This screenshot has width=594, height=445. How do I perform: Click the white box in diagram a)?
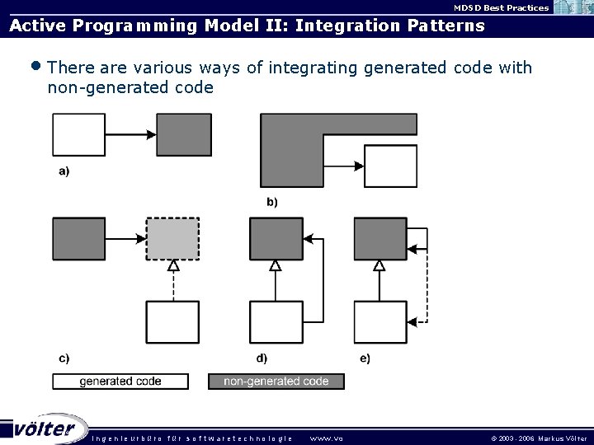coord(79,135)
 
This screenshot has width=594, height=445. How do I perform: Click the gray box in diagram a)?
coord(184,135)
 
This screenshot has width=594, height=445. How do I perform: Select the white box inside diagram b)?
coord(390,166)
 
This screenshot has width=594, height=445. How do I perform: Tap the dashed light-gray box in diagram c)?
coord(172,239)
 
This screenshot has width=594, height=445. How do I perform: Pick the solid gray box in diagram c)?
coord(79,239)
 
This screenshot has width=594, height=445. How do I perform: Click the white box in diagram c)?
coord(172,322)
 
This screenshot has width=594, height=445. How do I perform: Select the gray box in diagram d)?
coord(276,239)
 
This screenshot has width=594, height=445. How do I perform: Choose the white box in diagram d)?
coord(276,322)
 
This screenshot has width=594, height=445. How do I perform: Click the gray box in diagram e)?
coord(380,239)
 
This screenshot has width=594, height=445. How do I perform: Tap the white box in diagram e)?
coord(380,322)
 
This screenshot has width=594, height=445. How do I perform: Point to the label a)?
coord(64,171)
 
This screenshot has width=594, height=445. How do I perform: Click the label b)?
coord(271,201)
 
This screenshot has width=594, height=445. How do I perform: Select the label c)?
coord(64,358)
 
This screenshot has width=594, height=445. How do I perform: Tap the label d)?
coord(262,358)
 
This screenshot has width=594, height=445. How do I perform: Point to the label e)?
coord(365,358)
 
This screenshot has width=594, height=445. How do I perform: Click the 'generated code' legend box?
coord(120,382)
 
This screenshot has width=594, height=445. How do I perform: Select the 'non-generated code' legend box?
coord(276,382)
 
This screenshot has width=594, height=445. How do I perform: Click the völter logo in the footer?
coord(45,429)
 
